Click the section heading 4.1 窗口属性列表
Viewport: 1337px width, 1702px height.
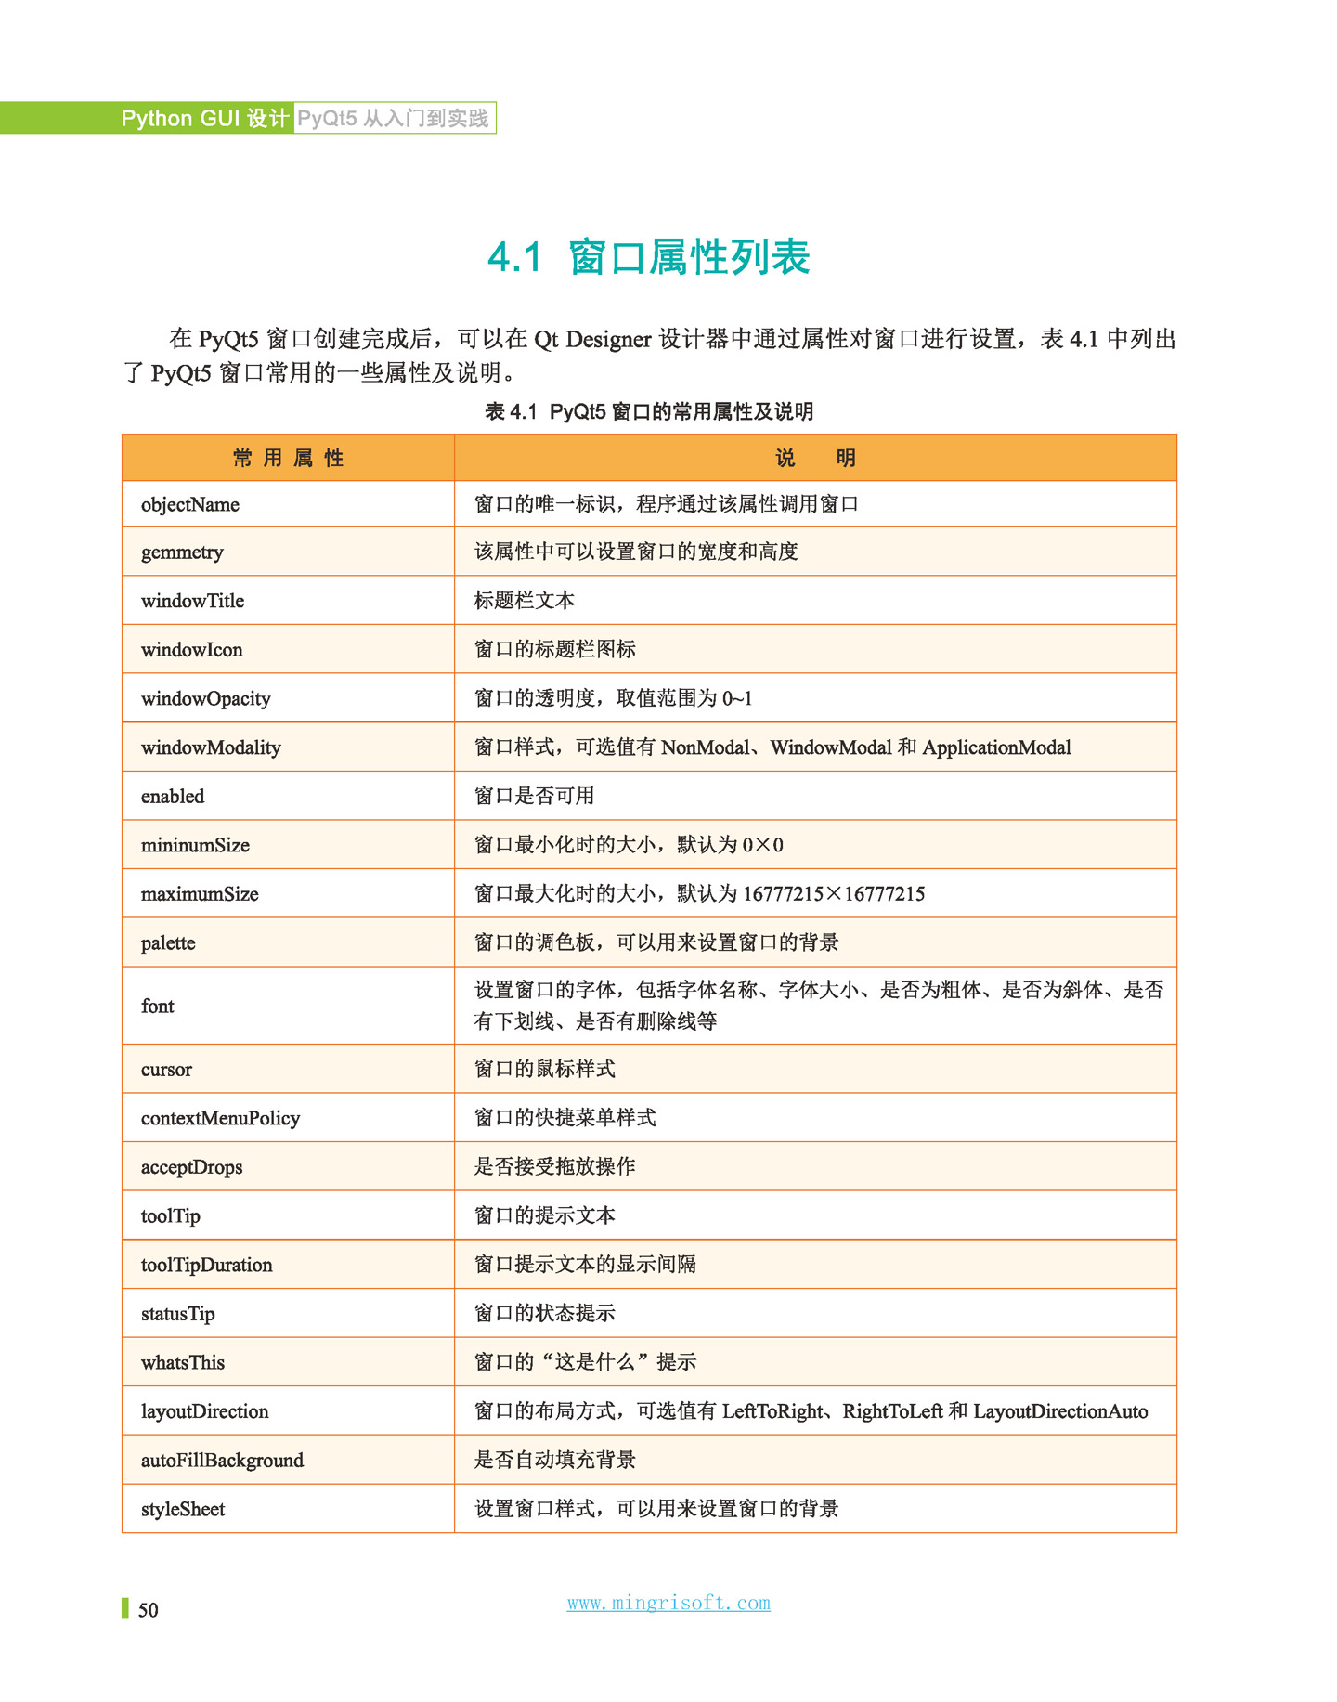click(x=649, y=257)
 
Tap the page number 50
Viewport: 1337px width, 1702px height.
click(x=148, y=1610)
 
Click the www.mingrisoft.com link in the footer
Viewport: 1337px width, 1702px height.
click(x=668, y=1603)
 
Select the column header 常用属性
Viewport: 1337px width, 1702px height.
click(x=288, y=458)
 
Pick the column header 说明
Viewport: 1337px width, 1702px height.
click(x=815, y=458)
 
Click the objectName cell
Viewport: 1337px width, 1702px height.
click(x=190, y=504)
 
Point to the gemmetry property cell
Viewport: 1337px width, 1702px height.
click(x=182, y=552)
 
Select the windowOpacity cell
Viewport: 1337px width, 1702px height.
click(x=206, y=698)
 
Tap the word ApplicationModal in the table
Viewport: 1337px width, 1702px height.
click(x=996, y=747)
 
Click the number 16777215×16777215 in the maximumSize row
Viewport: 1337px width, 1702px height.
click(x=834, y=894)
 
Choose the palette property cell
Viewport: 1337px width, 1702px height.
click(x=168, y=942)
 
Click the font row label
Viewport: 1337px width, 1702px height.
click(x=158, y=1006)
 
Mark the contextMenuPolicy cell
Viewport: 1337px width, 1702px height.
click(x=220, y=1118)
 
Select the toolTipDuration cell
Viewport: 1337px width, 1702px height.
click(x=207, y=1265)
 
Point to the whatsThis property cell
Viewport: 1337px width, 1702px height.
click(x=183, y=1362)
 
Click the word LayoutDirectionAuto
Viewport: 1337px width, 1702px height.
click(x=1060, y=1411)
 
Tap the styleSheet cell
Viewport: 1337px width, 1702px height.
click(x=183, y=1509)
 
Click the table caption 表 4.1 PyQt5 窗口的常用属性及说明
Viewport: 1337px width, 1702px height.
click(x=649, y=411)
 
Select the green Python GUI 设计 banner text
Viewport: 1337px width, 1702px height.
click(x=205, y=118)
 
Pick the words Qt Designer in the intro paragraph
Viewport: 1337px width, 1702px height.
click(x=592, y=339)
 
